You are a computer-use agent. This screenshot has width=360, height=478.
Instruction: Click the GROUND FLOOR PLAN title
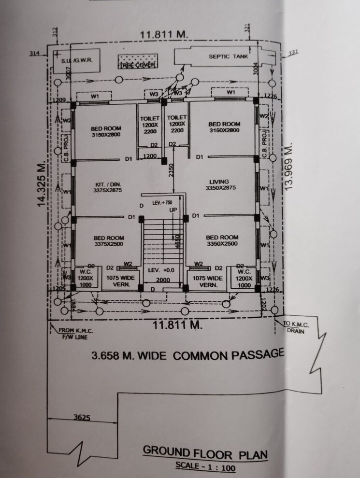coord(204,454)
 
